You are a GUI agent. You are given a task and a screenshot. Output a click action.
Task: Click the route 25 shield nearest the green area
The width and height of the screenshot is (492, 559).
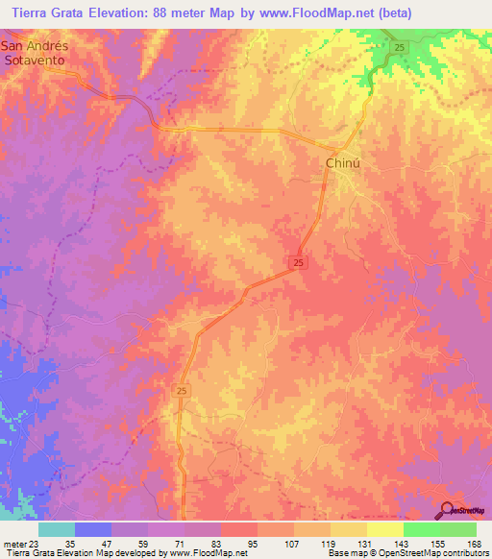tap(397, 47)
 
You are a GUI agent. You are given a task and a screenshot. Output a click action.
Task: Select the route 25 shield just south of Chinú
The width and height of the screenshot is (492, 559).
tap(300, 262)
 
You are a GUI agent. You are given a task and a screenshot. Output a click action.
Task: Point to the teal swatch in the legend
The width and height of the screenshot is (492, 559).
tap(57, 529)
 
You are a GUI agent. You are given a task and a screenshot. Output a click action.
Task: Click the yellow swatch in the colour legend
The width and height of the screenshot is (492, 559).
tap(384, 529)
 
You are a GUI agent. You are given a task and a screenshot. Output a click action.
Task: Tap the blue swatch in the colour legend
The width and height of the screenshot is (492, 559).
tap(93, 529)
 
